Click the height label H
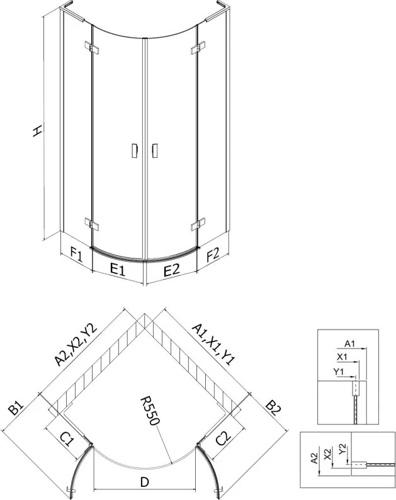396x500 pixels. (x=38, y=130)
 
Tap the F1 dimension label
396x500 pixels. (x=77, y=255)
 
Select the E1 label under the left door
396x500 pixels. (x=118, y=270)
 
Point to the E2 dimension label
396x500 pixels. (x=171, y=270)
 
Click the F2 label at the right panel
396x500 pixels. (x=213, y=254)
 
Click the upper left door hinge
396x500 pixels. (x=92, y=48)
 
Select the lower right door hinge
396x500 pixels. (x=198, y=224)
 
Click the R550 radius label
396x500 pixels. (x=150, y=411)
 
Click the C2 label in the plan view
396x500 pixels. (x=223, y=438)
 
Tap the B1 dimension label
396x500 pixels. (x=16, y=408)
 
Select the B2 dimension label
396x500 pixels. (x=274, y=410)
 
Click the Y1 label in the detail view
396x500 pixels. (x=338, y=372)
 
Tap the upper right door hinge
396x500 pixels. (x=198, y=48)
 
